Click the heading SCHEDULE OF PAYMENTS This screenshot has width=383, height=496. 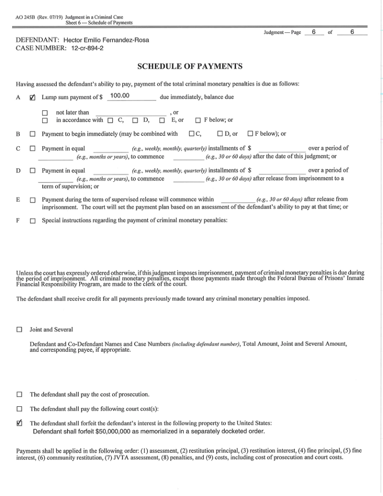[x=190, y=66]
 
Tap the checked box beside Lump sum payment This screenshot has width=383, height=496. [x=32, y=98]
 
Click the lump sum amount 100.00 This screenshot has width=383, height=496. [x=119, y=97]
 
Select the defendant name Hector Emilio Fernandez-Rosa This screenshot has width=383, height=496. [x=109, y=40]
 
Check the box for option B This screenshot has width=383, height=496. [x=32, y=134]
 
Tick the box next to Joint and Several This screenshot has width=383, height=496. [x=19, y=330]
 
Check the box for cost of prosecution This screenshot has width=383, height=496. [x=19, y=394]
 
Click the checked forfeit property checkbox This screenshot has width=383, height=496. [x=19, y=423]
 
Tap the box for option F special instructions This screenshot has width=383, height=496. [x=32, y=221]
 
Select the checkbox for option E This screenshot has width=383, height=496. [x=32, y=200]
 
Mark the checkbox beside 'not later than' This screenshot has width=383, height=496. [x=45, y=113]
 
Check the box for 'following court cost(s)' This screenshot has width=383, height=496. [x=19, y=409]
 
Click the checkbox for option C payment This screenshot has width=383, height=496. [x=32, y=149]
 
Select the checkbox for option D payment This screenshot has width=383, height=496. [x=32, y=171]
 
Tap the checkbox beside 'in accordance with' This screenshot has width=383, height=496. [x=45, y=120]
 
